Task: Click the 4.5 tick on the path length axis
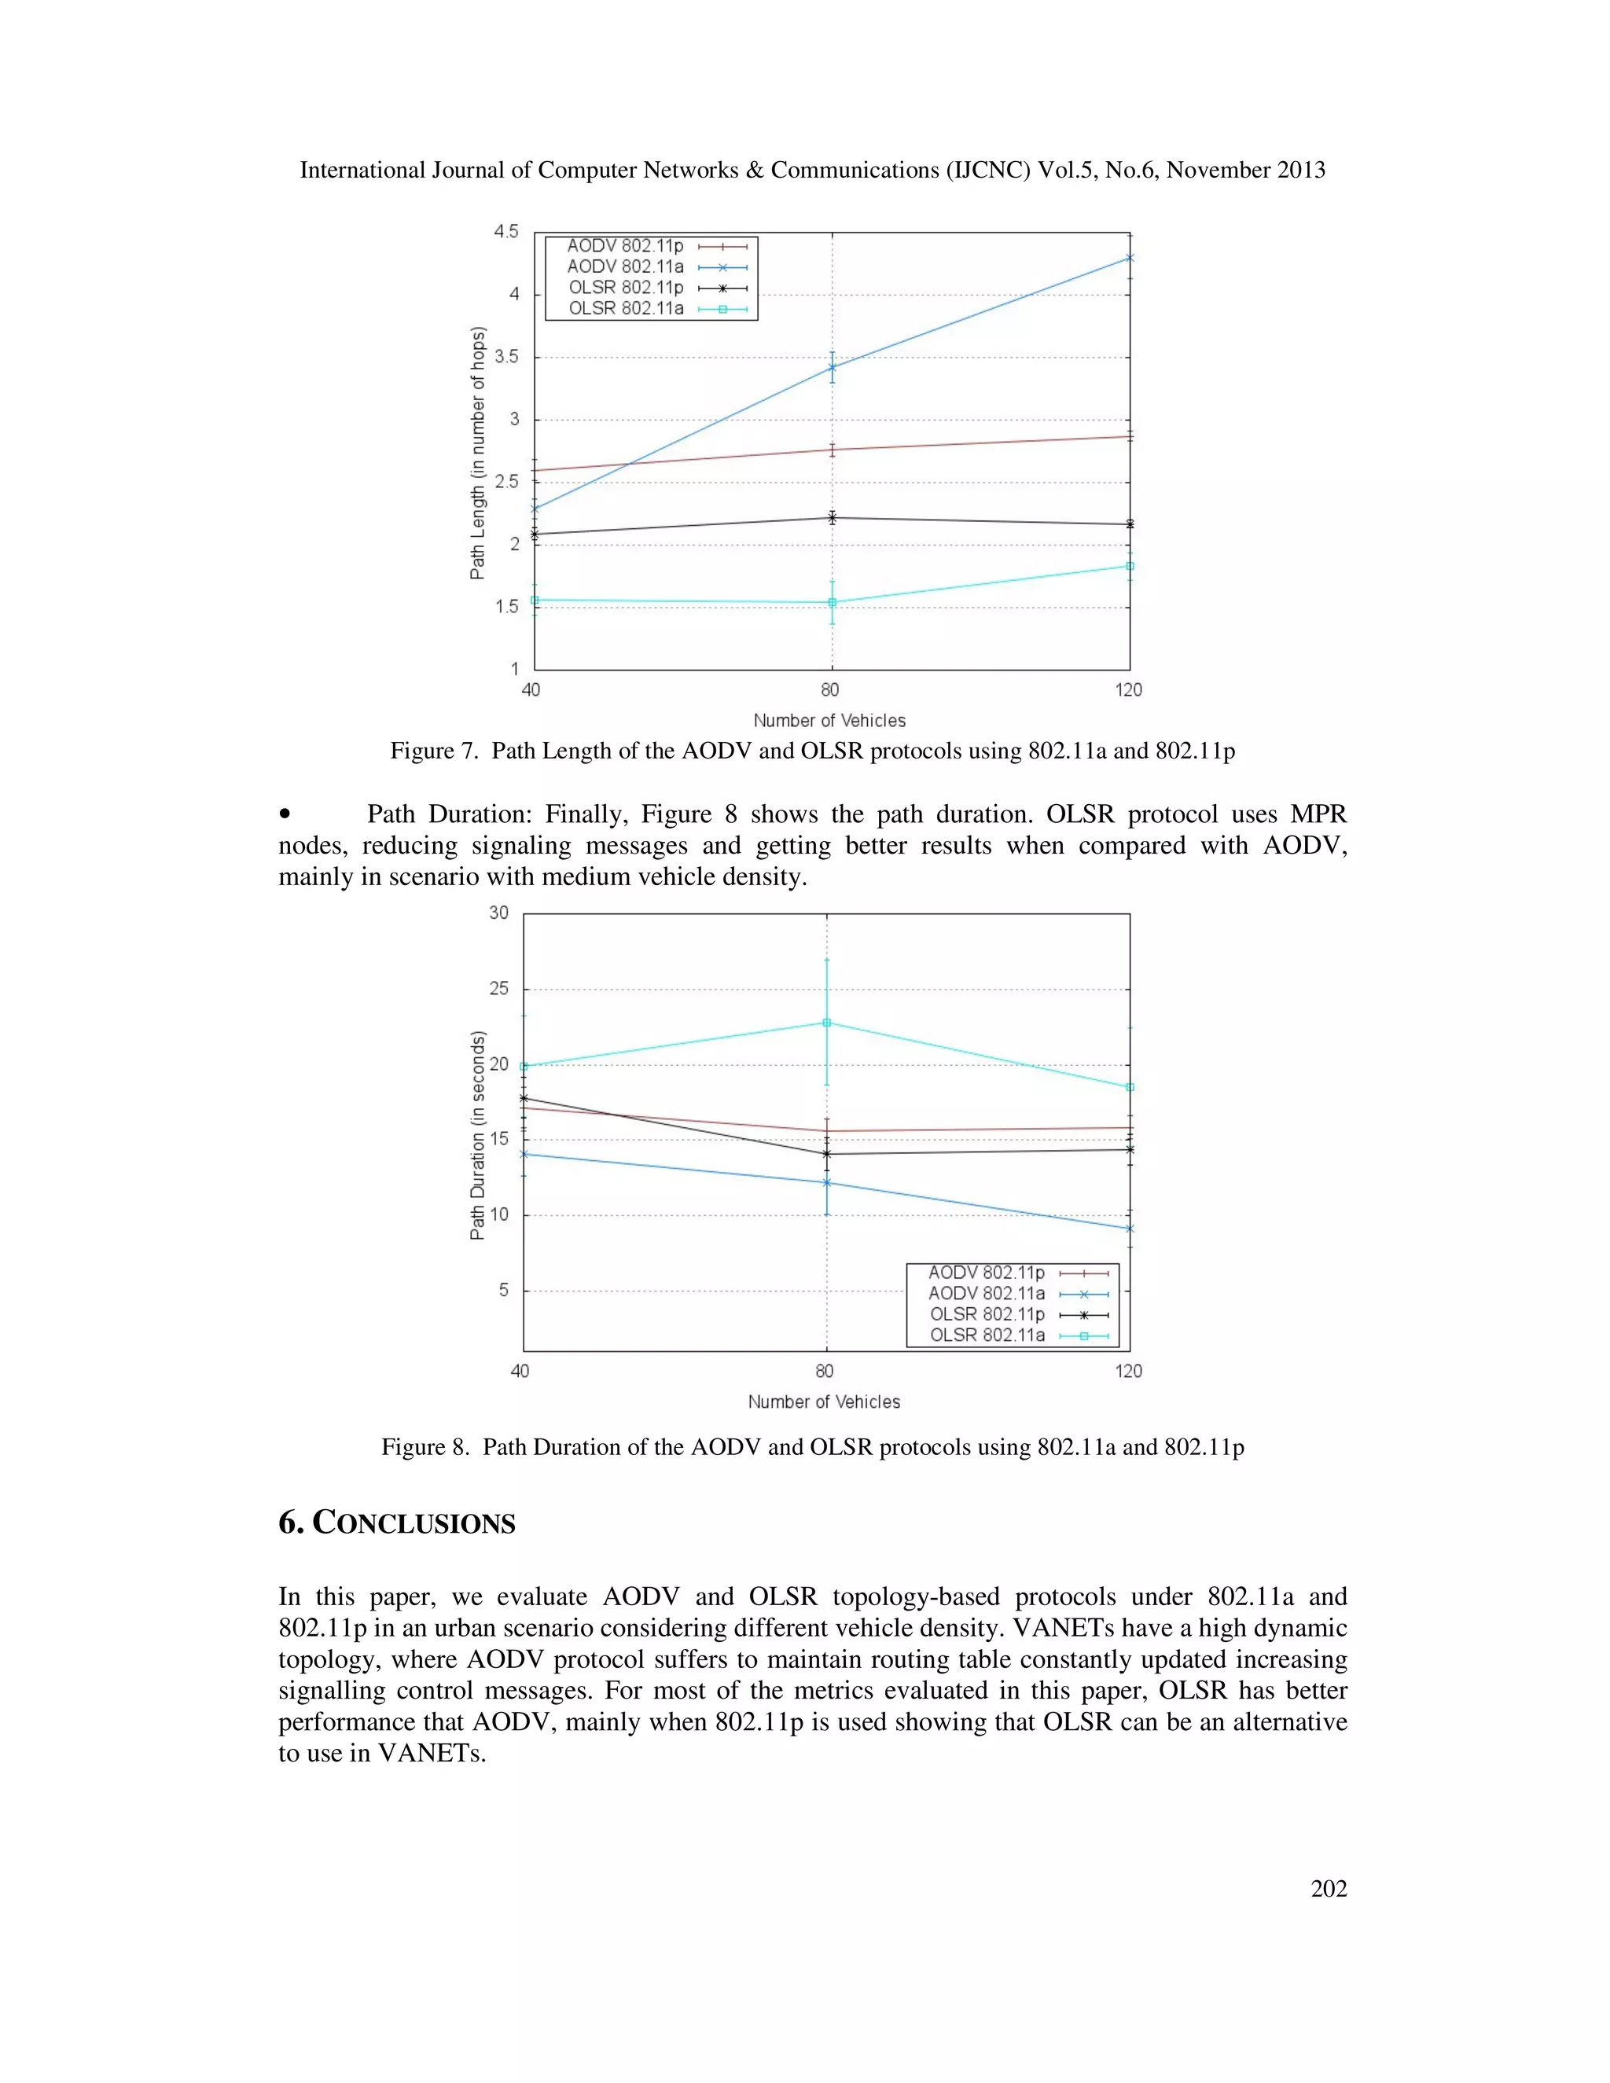click(505, 232)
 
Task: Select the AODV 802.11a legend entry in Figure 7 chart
click(626, 267)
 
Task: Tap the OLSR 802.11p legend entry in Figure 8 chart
click(987, 1314)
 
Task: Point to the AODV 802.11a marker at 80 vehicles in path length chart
click(832, 367)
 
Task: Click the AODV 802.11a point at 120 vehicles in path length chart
click(1130, 258)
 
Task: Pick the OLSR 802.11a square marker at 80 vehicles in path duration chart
click(827, 1023)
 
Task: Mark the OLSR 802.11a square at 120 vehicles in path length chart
click(1130, 566)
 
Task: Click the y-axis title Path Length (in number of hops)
click(478, 453)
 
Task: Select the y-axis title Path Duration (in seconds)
click(478, 1135)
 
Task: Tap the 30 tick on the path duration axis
click(499, 913)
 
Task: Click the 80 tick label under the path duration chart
click(824, 1371)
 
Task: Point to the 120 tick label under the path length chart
click(1128, 689)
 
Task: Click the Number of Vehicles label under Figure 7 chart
click(829, 720)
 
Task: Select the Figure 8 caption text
click(813, 1447)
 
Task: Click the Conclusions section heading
click(397, 1523)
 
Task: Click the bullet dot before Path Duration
click(285, 814)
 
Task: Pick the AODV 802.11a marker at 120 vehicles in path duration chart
click(1130, 1229)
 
